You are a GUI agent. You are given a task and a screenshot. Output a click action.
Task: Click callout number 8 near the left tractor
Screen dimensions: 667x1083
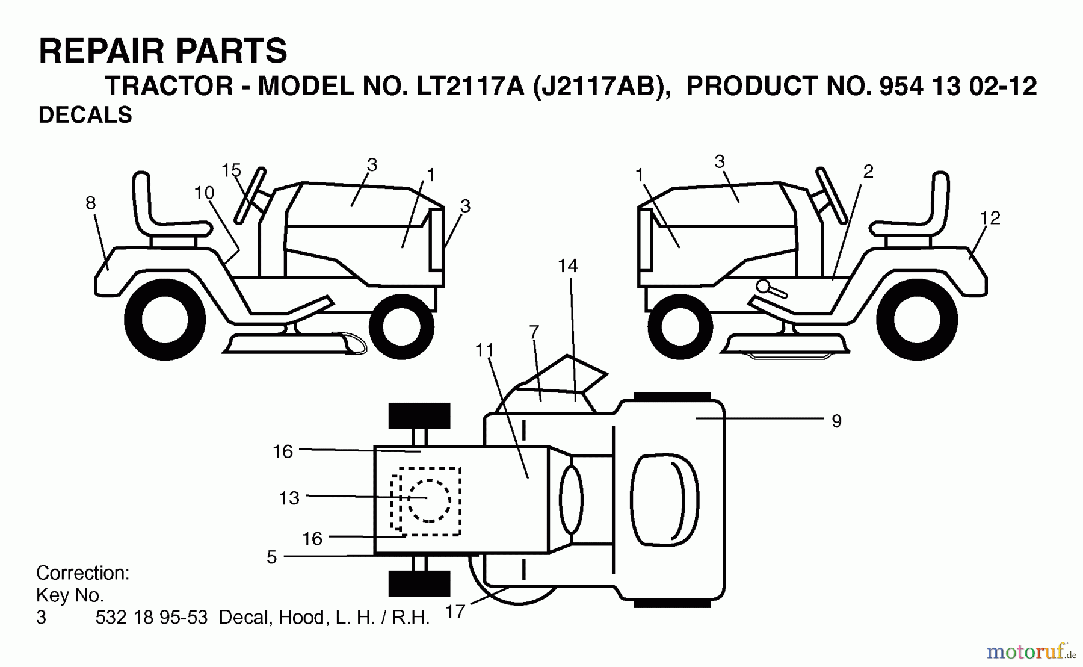tap(90, 203)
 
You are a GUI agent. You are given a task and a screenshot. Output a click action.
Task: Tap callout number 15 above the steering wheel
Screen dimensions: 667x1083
tap(231, 170)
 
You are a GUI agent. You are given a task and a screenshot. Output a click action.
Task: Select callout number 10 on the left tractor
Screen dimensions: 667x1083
tap(204, 193)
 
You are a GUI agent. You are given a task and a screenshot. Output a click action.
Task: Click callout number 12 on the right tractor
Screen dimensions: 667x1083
tap(990, 218)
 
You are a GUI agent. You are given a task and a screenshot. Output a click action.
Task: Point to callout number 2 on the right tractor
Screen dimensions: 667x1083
tap(868, 172)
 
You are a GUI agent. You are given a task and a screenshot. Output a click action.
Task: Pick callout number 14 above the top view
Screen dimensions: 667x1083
tap(567, 265)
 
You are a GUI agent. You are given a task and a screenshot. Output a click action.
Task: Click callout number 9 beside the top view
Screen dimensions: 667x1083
tap(836, 421)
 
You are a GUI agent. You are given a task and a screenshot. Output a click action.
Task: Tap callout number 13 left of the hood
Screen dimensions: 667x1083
tap(289, 498)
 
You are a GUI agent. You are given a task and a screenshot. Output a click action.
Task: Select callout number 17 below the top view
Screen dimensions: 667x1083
tap(455, 612)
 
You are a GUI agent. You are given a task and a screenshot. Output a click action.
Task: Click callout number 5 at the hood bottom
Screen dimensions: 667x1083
tap(271, 557)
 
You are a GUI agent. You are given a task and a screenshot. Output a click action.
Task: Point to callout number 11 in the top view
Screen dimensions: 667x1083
tap(484, 350)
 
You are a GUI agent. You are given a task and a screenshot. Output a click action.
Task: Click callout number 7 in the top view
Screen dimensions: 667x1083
tap(534, 332)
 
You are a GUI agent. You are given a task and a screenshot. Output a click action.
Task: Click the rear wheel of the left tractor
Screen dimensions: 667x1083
tap(165, 320)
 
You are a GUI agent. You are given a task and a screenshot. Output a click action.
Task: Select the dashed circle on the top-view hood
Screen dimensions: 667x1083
tap(429, 500)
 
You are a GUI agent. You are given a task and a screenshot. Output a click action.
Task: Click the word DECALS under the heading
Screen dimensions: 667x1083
tap(85, 115)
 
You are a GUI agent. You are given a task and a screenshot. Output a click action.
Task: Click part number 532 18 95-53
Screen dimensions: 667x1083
tap(151, 618)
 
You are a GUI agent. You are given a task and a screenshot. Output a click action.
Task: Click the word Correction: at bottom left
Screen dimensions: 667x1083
tap(82, 572)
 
